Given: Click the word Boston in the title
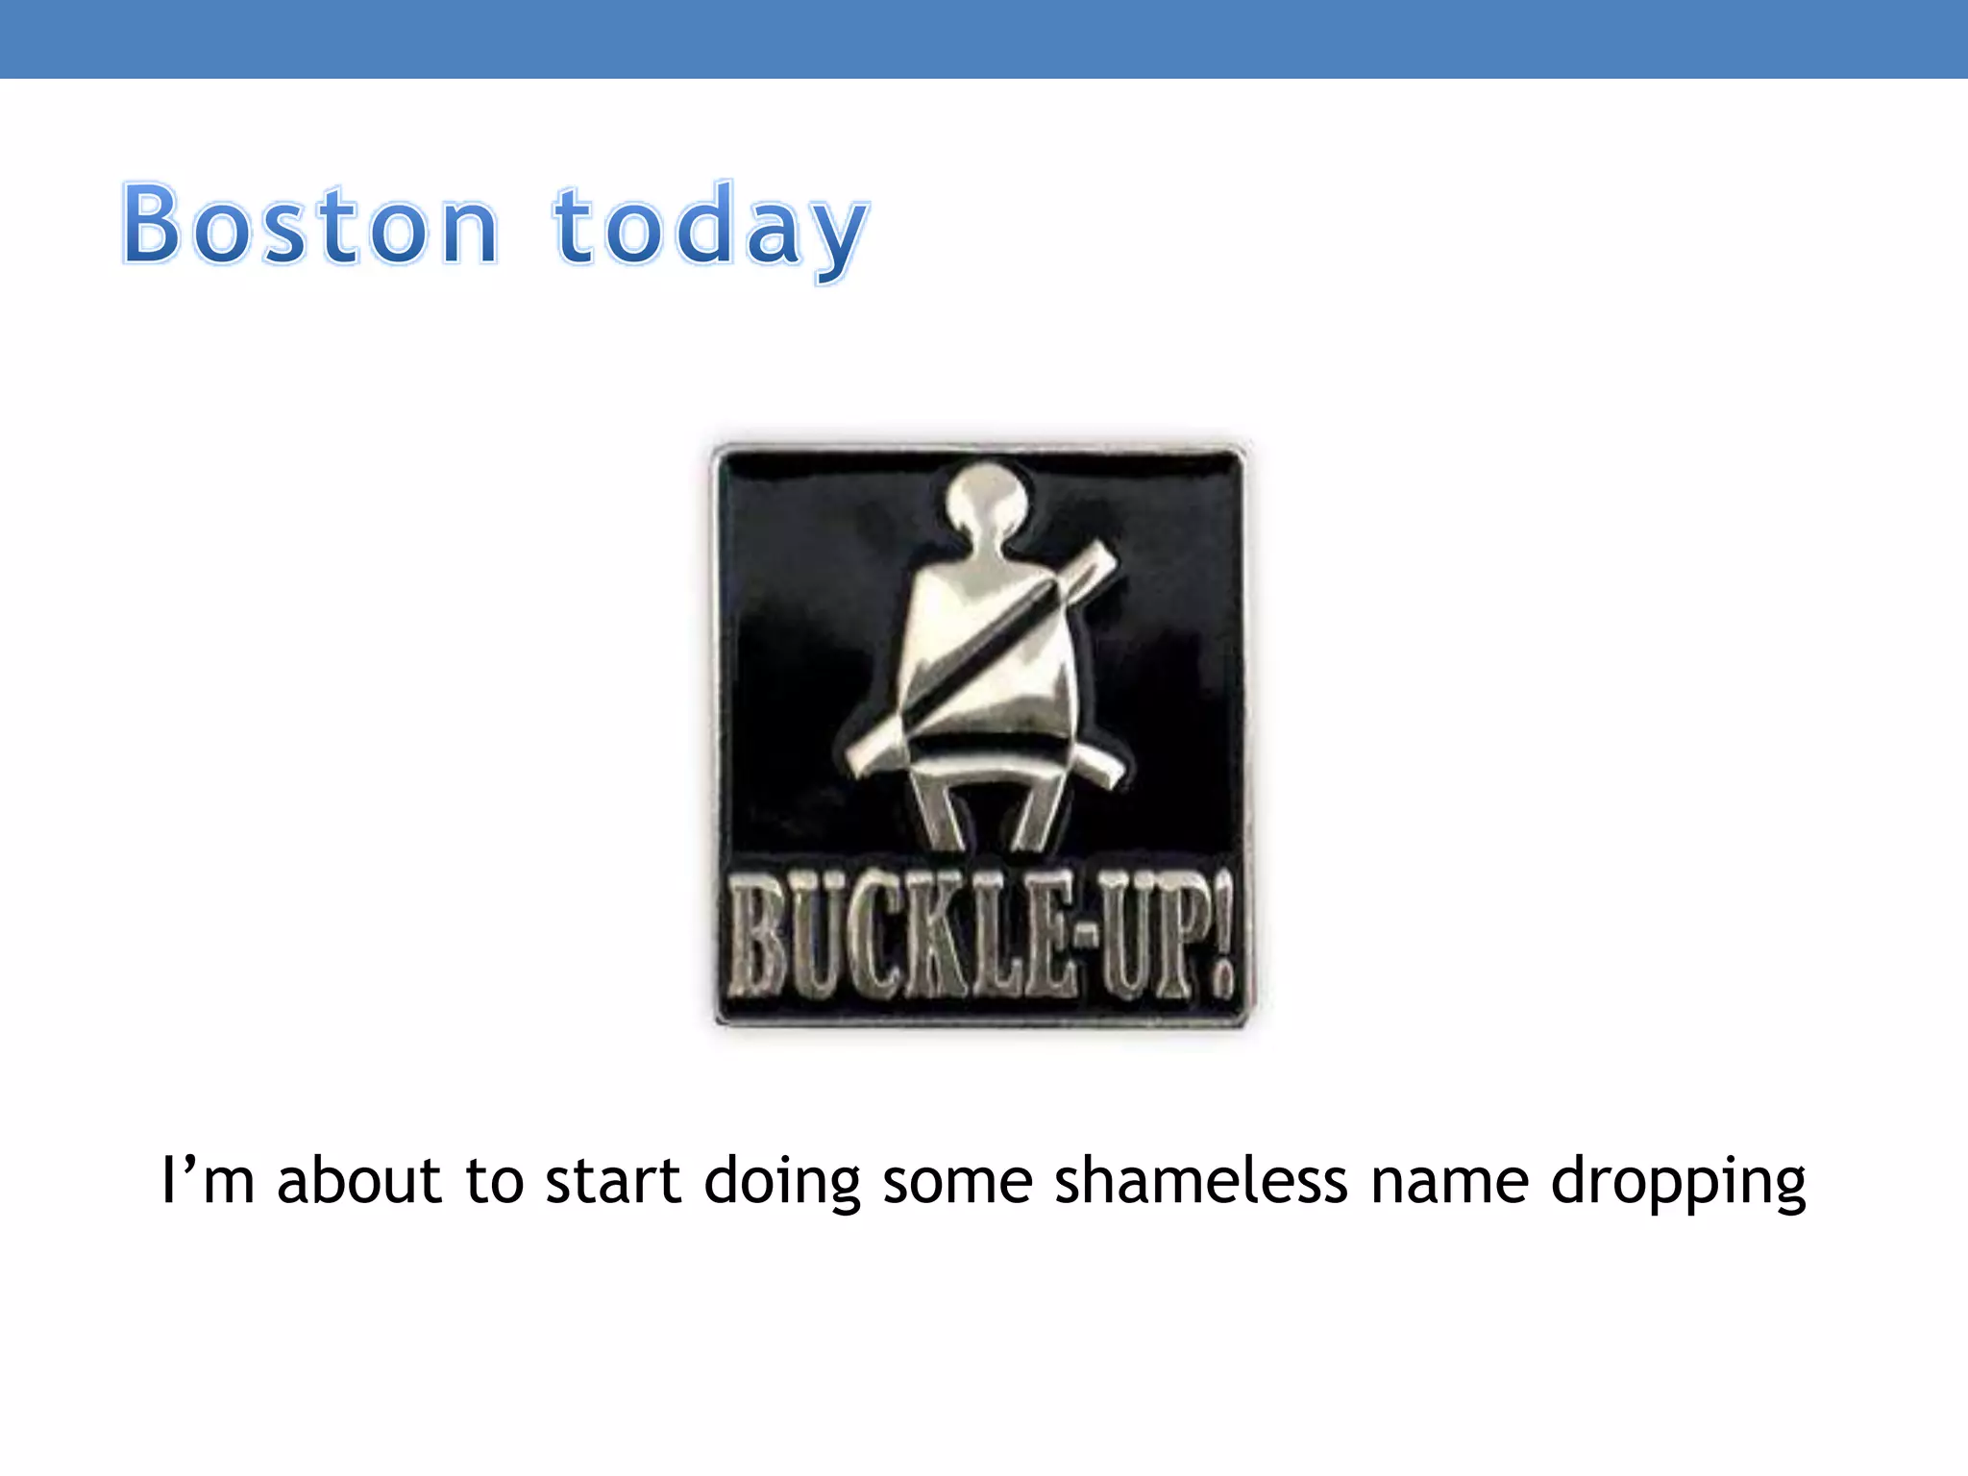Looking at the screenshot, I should [x=309, y=226].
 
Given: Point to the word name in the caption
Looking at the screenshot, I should [x=1449, y=1182].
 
